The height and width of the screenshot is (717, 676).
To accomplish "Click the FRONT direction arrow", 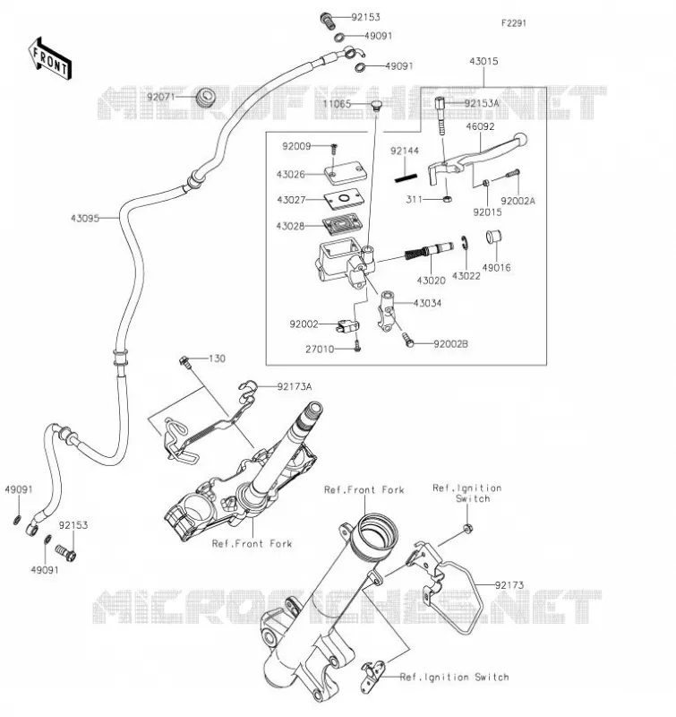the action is (x=50, y=59).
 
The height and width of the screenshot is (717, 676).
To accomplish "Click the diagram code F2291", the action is (x=514, y=23).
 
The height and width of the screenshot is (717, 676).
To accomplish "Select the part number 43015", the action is (x=483, y=61).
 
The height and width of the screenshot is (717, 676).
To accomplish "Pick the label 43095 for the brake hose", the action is (x=85, y=219).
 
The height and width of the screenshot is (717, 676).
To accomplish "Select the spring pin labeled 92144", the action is (x=406, y=177).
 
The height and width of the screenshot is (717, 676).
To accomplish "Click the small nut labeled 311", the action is (x=449, y=199).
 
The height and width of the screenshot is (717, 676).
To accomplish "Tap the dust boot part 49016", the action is (x=493, y=237).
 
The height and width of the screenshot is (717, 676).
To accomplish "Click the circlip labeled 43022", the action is (x=464, y=243).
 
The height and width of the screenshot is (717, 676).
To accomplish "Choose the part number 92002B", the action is (x=451, y=344).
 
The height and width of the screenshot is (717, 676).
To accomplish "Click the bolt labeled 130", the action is (x=184, y=360).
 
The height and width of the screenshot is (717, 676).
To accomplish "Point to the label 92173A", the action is (x=295, y=387).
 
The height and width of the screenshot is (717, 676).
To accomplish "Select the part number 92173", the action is (x=509, y=585).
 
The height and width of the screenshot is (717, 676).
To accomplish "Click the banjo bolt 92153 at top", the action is (x=326, y=20).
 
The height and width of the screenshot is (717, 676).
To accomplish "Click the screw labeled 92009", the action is (x=334, y=148).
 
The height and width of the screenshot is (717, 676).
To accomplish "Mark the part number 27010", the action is (x=320, y=350).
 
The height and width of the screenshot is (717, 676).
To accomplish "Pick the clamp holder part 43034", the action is (x=387, y=309).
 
